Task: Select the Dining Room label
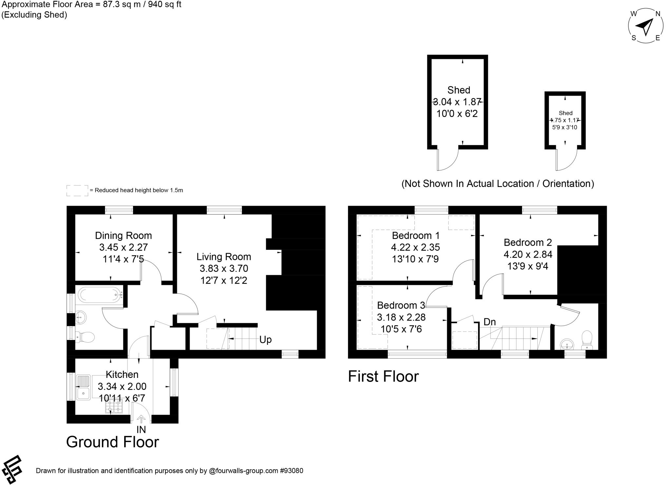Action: point(123,235)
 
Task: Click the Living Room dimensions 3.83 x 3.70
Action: point(224,269)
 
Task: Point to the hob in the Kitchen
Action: point(114,406)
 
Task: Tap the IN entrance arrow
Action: point(141,419)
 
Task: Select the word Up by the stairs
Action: point(265,340)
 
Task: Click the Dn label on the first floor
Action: point(489,322)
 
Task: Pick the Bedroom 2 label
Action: point(527,242)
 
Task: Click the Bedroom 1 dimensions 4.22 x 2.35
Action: point(415,247)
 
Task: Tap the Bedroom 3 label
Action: point(401,305)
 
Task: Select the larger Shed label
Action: point(459,90)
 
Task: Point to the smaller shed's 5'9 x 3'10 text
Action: point(565,127)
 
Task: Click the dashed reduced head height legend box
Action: point(77,191)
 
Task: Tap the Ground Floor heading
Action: point(112,442)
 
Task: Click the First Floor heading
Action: point(383,376)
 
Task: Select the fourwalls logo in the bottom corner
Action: point(12,469)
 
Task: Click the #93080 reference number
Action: point(291,471)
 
